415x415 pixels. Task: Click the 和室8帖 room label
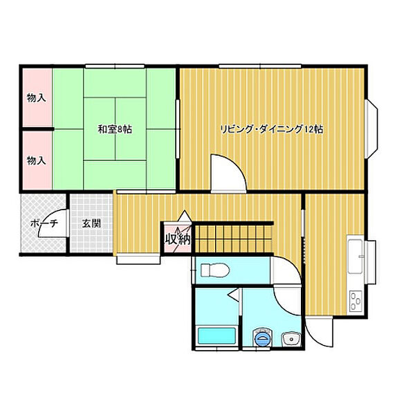(115, 130)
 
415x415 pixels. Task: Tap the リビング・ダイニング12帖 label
(272, 129)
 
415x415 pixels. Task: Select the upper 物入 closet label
(36, 98)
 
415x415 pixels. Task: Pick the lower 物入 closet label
(36, 160)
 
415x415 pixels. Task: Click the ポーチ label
(44, 224)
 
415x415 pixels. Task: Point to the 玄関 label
(91, 223)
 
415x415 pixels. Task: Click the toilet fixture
(215, 270)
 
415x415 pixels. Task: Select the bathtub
(216, 335)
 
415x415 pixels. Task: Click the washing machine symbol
(262, 338)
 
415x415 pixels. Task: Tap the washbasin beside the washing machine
(291, 339)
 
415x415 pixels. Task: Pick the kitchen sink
(356, 256)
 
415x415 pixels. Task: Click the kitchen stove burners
(356, 301)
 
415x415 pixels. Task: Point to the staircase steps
(234, 238)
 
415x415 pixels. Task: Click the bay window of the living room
(371, 129)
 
